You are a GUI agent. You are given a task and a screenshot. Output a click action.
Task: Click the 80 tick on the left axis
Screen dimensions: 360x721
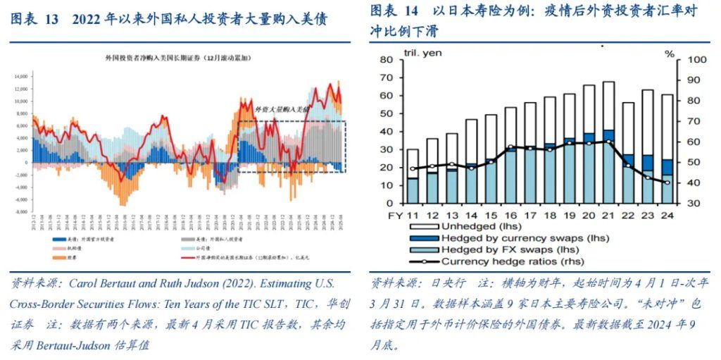tap(388, 60)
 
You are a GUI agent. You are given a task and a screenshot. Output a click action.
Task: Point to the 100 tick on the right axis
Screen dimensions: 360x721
tap(687, 60)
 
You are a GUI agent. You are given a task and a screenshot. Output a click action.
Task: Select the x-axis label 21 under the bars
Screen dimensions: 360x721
tap(608, 214)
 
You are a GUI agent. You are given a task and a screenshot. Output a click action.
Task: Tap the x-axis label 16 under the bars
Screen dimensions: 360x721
tap(510, 214)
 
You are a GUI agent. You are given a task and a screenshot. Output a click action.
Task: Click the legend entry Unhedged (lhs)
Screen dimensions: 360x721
tap(479, 227)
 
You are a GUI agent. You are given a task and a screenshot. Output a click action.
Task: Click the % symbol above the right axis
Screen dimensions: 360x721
tap(670, 53)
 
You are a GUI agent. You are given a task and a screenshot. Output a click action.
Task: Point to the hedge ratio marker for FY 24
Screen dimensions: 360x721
tap(666, 182)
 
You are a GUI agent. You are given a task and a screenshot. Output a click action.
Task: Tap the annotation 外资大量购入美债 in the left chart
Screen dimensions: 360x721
tap(282, 110)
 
